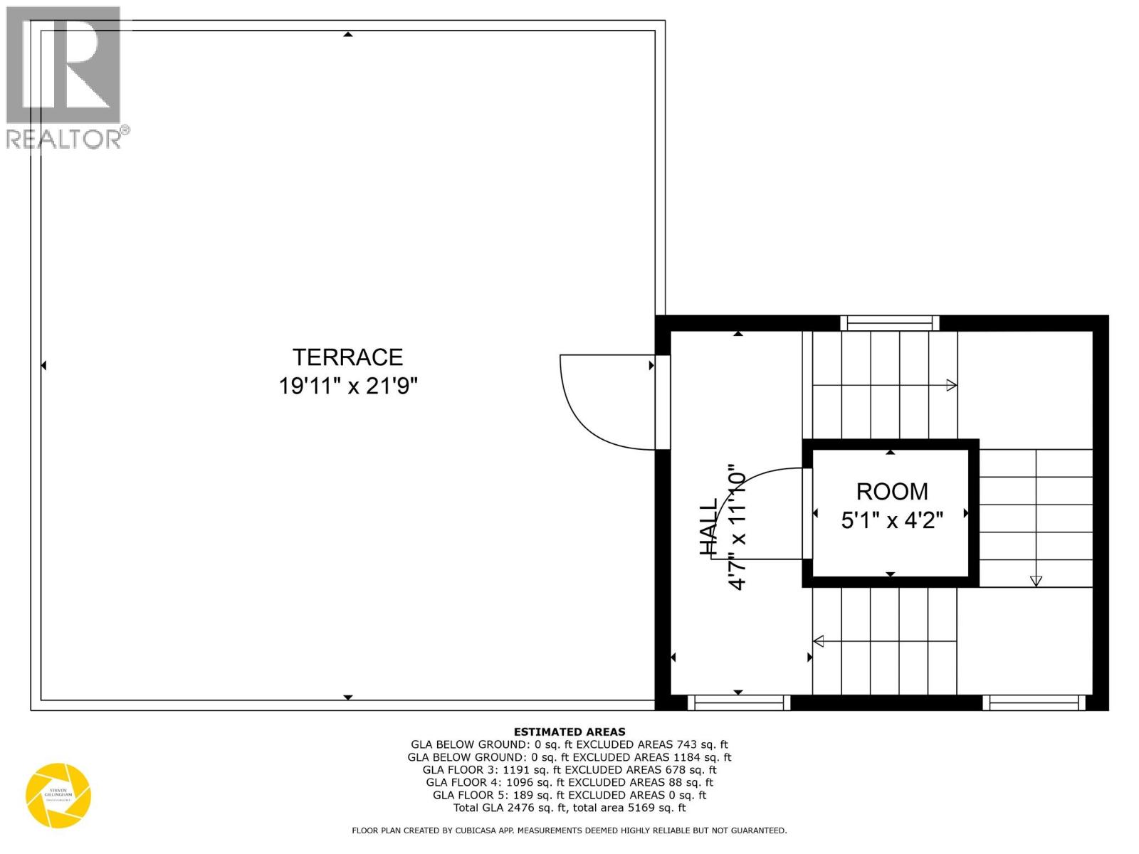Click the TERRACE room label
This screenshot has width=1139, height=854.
tap(347, 357)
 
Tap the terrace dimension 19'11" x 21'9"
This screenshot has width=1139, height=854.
tap(347, 386)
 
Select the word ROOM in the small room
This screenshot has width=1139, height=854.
tap(891, 491)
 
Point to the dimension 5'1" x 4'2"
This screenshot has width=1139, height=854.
tap(891, 520)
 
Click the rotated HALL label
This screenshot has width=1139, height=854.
tap(709, 527)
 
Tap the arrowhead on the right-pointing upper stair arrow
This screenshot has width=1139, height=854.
tap(951, 386)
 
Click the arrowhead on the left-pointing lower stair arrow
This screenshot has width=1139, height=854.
tap(819, 641)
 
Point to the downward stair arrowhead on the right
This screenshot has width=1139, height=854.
tap(1036, 581)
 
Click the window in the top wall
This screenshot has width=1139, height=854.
tap(889, 323)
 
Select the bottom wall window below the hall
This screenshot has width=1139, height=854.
tap(739, 703)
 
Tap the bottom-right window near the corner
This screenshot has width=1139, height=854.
tap(1034, 703)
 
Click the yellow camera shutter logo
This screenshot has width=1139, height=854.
tap(58, 796)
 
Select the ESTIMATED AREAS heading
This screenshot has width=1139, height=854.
tap(569, 732)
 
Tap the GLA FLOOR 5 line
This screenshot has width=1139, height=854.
tap(569, 795)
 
